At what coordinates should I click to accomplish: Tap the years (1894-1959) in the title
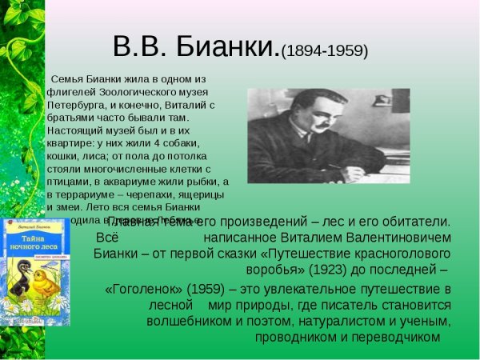click(325, 50)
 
